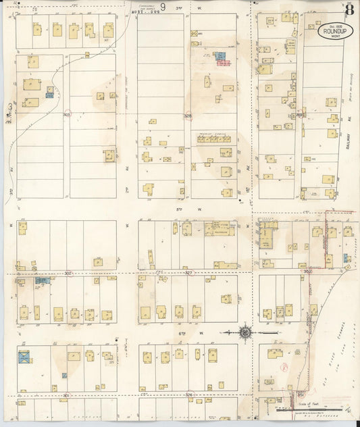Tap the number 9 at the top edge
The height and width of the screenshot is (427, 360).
pyautogui.click(x=163, y=7)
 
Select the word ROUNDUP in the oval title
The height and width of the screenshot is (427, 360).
pyautogui.click(x=336, y=30)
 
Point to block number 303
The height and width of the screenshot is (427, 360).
pyautogui.click(x=67, y=115)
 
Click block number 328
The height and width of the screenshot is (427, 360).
pyautogui.click(x=188, y=116)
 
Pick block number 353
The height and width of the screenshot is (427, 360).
pyautogui.click(x=299, y=115)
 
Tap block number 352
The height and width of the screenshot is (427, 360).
pyautogui.click(x=307, y=272)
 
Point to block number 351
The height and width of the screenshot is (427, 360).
pyautogui.click(x=300, y=393)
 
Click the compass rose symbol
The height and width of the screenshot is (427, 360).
pyautogui.click(x=245, y=332)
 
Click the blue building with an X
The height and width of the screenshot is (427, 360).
pyautogui.click(x=26, y=356)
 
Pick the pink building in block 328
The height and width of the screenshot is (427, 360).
pyautogui.click(x=224, y=63)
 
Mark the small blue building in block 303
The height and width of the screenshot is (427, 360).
pyautogui.click(x=49, y=95)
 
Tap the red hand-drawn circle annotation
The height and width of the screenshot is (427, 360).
pyautogui.click(x=284, y=366)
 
